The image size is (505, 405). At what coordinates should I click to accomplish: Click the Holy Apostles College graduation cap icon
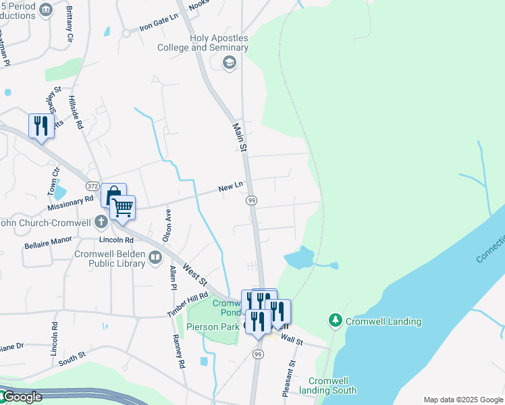coord(229,63)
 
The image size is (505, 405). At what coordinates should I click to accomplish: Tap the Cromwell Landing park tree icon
coord(335,320)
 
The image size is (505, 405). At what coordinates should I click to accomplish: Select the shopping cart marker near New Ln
coord(123,209)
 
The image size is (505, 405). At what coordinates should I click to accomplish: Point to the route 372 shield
coord(93,186)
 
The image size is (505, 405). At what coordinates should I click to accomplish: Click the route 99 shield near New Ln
coord(251,200)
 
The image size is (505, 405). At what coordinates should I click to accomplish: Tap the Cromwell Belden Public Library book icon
coord(155,257)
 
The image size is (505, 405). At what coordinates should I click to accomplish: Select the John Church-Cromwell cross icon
coord(101,221)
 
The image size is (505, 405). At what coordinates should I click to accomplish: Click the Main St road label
coord(240,137)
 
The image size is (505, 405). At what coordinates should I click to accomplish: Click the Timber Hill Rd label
coord(188,306)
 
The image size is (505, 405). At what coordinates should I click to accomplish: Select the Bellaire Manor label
coord(47,240)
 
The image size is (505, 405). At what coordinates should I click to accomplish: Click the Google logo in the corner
coord(21,397)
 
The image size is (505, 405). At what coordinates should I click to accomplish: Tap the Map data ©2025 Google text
coord(462,400)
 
